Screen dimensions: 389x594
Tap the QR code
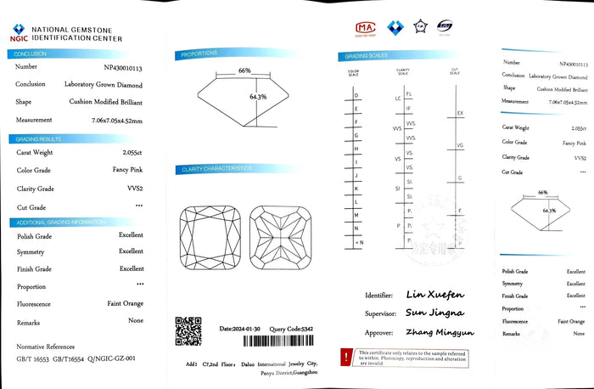click(x=188, y=330)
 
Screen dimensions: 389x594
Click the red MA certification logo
click(x=365, y=29)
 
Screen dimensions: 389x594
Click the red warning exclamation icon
click(x=346, y=357)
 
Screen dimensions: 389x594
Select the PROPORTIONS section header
click(x=199, y=55)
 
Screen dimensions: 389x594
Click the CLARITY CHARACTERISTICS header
click(x=216, y=169)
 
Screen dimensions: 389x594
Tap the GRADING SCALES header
click(x=365, y=56)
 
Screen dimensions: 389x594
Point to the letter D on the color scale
click(x=356, y=96)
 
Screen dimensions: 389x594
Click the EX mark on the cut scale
click(x=460, y=113)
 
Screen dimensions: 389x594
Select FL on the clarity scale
click(x=410, y=93)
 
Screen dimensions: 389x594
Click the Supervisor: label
click(x=379, y=313)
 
